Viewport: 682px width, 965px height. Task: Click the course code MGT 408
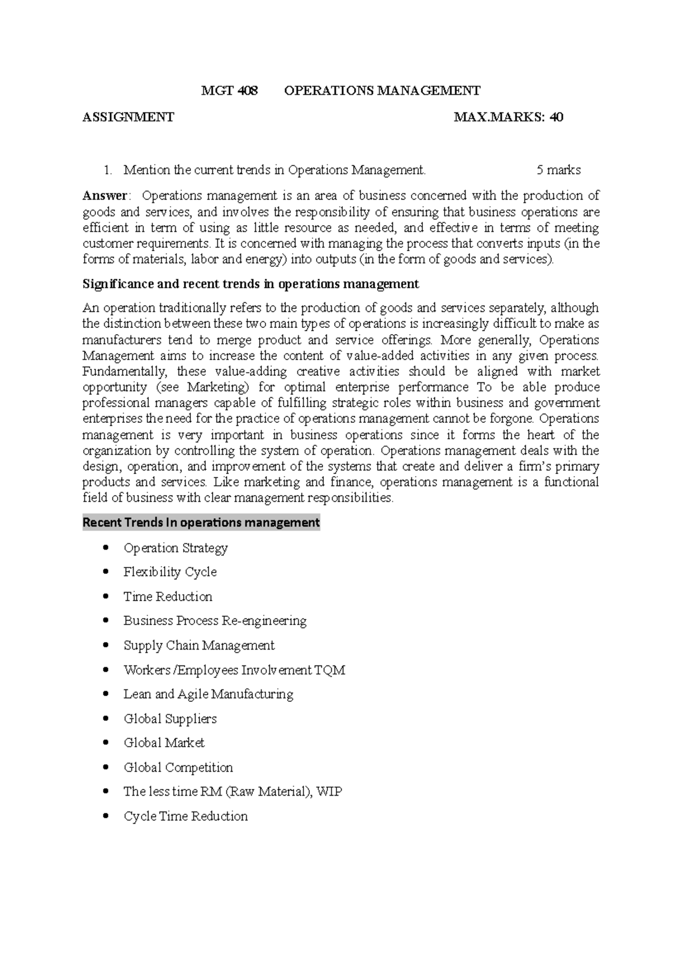pos(230,90)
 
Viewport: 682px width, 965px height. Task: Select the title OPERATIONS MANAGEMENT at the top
pos(382,90)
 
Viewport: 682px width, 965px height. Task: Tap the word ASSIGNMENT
pos(128,118)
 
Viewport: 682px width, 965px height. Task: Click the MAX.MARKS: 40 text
pos(509,118)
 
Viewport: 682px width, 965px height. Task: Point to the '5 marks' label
pos(558,169)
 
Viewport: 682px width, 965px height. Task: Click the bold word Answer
pos(105,196)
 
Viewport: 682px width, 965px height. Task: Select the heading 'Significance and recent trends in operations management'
pos(251,284)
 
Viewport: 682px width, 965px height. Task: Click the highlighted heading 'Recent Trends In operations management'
pos(201,522)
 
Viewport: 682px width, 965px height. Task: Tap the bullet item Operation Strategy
pos(176,548)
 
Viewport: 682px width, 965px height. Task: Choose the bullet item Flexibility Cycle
pos(170,572)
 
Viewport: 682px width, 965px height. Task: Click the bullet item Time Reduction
pos(168,596)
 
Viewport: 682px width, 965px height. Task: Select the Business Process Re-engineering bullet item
pos(215,621)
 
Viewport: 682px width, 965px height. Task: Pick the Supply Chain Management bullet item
pos(199,645)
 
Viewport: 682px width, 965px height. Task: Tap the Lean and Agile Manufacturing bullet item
pos(208,694)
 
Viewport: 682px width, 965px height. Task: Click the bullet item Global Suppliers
pos(170,718)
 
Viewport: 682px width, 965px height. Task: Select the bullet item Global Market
pos(164,743)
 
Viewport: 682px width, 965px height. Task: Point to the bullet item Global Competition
pos(178,767)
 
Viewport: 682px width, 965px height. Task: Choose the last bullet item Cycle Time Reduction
pos(185,816)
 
